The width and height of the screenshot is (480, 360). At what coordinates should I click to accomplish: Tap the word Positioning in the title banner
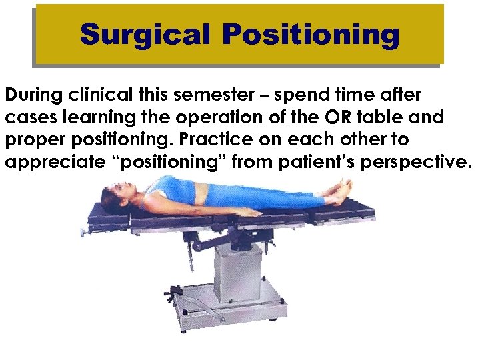[x=311, y=35]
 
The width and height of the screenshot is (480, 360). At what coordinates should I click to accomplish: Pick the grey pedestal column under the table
[x=237, y=267]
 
